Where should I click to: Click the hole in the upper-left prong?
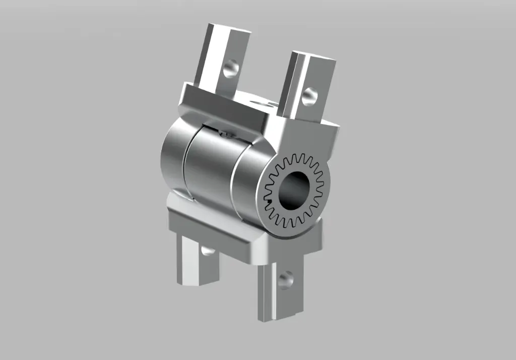(x=231, y=67)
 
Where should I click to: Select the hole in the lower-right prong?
(x=285, y=279)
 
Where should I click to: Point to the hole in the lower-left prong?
(x=207, y=250)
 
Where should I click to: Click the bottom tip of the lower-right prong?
(x=277, y=318)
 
